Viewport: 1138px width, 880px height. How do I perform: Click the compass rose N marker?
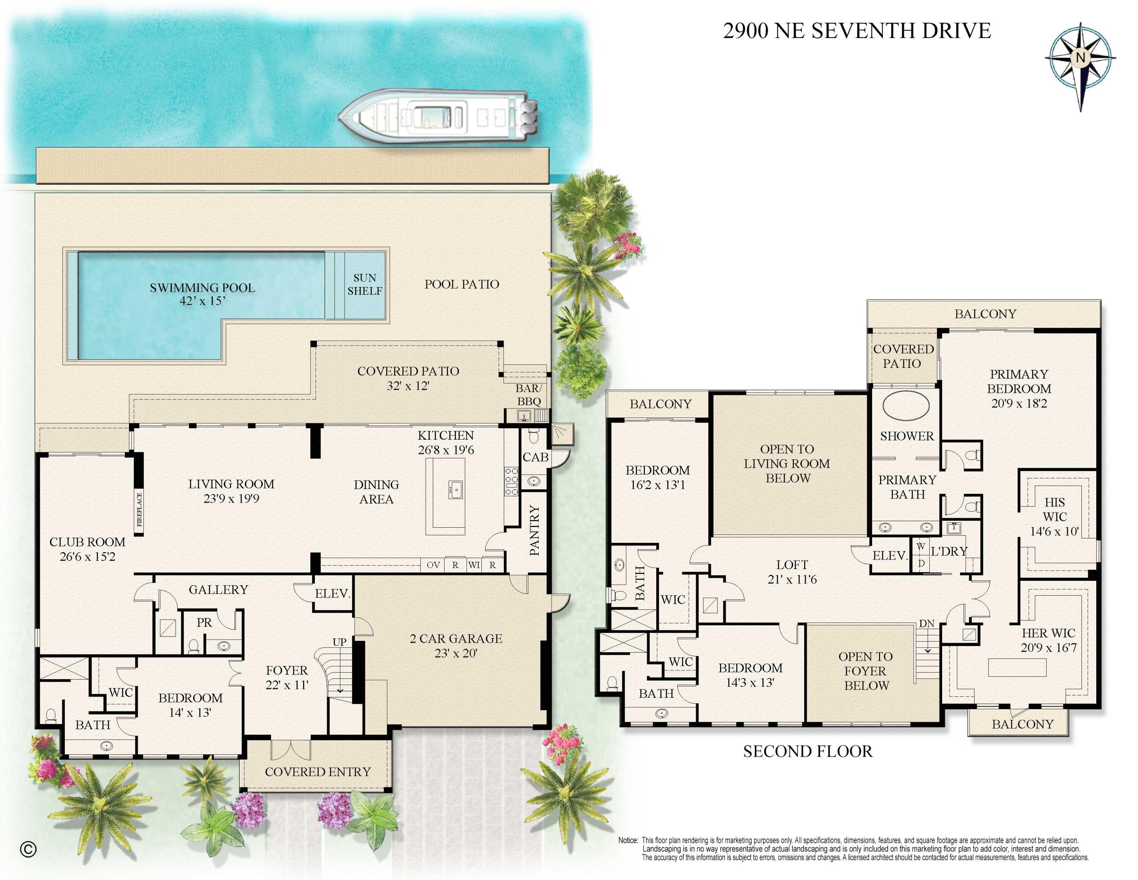pos(1080,57)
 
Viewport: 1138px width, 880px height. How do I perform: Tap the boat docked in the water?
pos(438,116)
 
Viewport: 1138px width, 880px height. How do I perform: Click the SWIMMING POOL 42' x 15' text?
pos(202,294)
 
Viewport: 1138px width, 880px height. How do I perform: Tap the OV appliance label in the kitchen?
pos(433,565)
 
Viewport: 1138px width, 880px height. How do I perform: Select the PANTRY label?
pos(534,530)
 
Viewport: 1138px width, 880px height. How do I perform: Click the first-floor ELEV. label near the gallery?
pos(332,593)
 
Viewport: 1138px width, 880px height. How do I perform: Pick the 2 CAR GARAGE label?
pos(456,645)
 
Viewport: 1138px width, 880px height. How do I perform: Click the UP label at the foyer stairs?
pos(339,642)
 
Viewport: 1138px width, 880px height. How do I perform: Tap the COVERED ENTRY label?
pos(318,771)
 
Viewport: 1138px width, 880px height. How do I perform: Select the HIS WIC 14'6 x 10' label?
pos(1054,517)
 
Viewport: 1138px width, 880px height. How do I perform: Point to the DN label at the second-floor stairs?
pos(926,623)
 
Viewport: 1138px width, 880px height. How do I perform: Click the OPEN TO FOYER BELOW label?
pos(866,671)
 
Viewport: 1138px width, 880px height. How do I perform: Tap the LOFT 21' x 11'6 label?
pos(792,572)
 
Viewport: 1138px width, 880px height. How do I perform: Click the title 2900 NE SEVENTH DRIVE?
pos(857,31)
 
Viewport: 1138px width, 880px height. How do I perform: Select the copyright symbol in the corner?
pos(28,849)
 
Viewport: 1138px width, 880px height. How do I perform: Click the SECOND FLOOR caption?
pos(807,751)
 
